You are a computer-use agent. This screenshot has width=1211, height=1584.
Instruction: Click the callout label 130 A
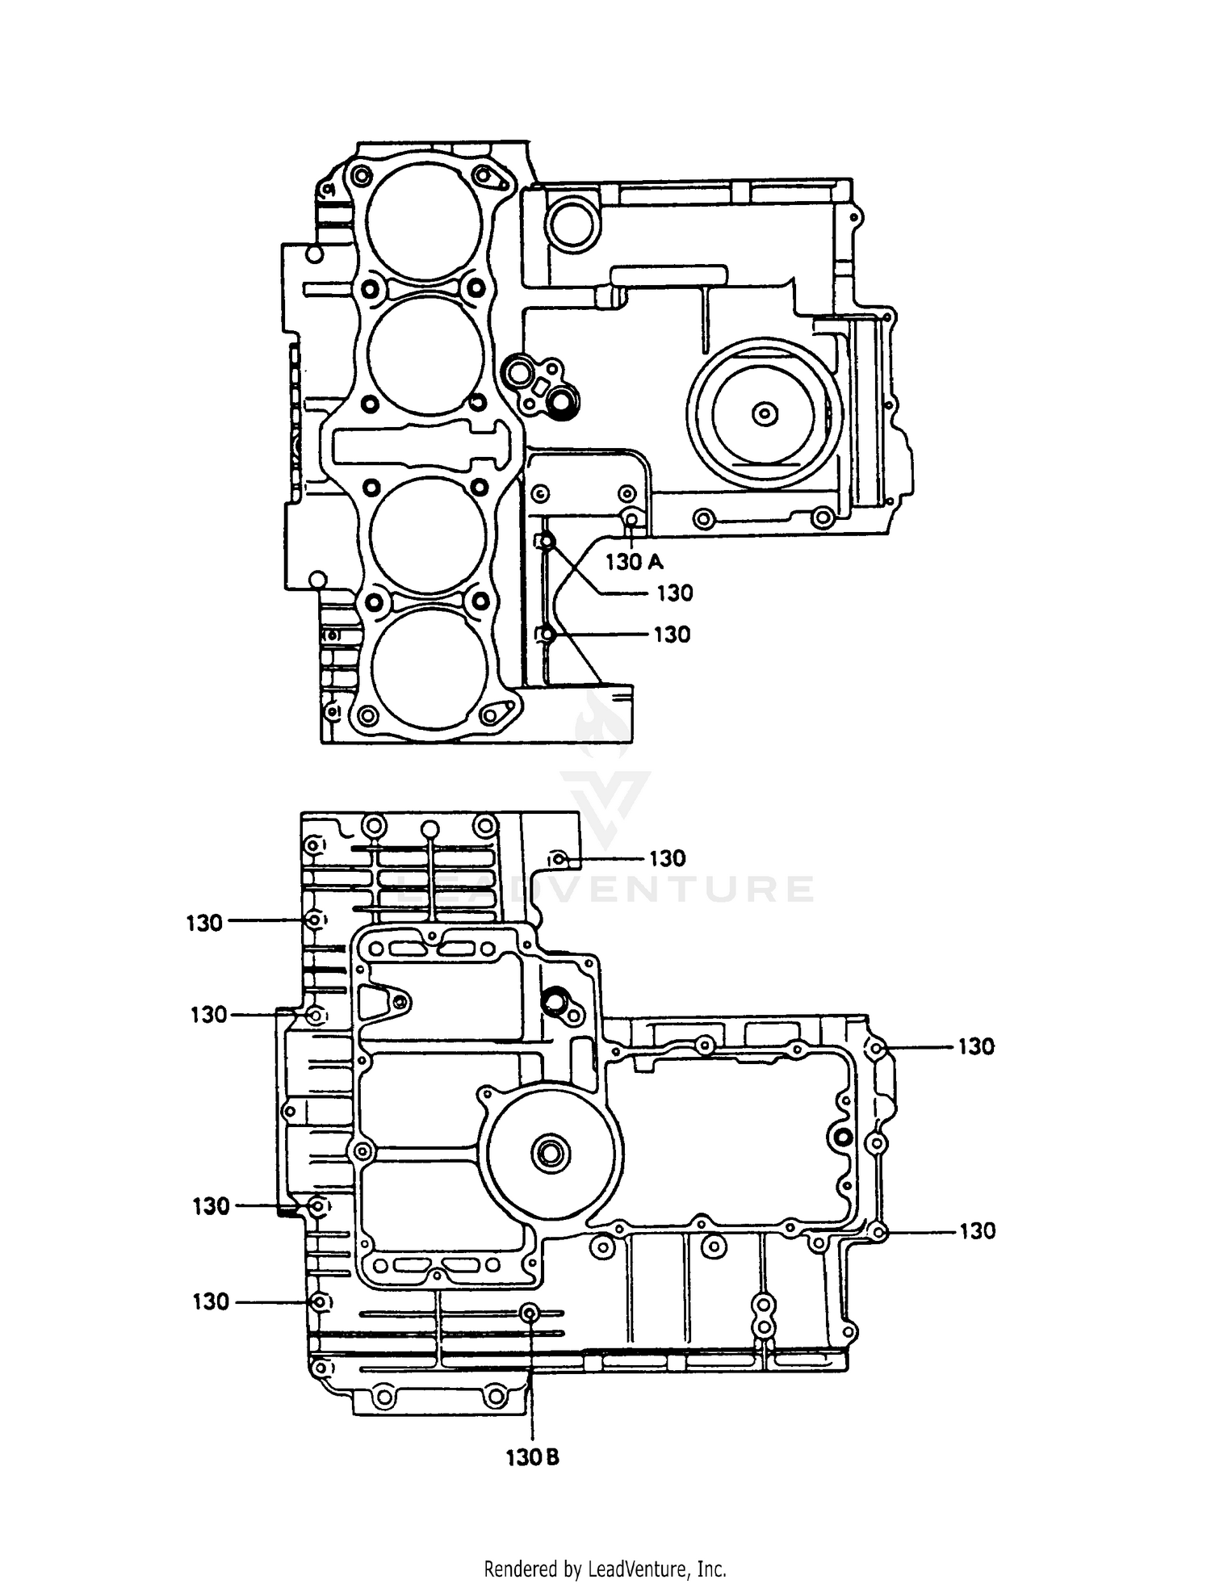tap(634, 562)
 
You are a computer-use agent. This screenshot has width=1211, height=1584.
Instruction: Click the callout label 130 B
tap(532, 1457)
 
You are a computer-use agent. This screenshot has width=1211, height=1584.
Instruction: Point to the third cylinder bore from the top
tap(428, 534)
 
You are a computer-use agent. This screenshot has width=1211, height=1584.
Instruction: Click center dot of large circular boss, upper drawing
tap(764, 414)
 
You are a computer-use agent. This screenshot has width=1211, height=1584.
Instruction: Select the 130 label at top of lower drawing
tap(667, 858)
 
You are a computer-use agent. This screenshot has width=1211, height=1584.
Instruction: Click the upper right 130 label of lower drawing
tap(976, 1046)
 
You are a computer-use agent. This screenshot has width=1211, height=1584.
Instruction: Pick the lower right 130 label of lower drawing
tap(977, 1231)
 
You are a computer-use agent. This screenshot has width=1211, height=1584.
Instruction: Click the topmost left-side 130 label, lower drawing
tap(204, 923)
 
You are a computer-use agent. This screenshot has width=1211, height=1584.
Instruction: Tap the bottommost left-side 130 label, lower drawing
tap(211, 1301)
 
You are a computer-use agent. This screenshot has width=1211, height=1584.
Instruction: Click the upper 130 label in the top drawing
tap(674, 593)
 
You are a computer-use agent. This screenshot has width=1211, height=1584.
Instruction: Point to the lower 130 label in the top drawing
tap(672, 635)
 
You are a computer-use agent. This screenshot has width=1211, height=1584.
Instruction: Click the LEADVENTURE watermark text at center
tap(605, 888)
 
